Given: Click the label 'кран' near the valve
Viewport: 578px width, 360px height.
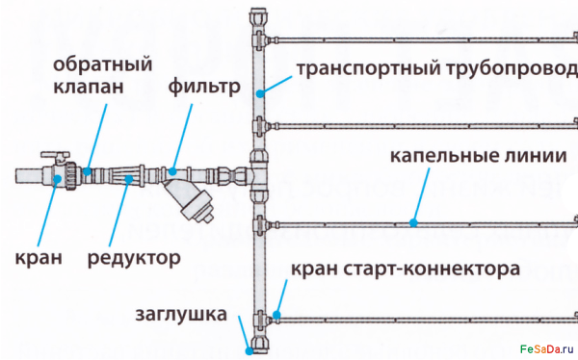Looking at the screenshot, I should [39, 257].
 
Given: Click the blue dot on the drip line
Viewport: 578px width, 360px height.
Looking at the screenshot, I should [413, 222].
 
